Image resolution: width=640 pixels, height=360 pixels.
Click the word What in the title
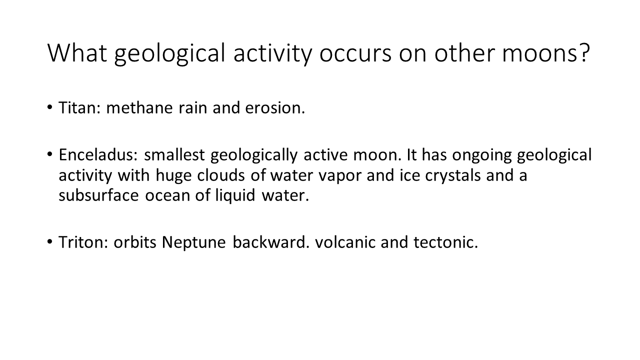click(77, 53)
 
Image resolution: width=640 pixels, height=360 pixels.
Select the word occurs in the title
click(355, 55)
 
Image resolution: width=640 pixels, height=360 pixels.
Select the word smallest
click(174, 154)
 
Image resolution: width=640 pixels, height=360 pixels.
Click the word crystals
click(453, 175)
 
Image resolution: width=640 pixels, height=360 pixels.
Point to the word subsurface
click(98, 195)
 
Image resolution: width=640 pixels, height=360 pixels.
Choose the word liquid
click(235, 196)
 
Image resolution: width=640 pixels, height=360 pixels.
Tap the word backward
click(271, 242)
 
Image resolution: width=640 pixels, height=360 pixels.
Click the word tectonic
click(445, 242)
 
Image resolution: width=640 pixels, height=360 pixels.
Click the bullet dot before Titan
click(50, 107)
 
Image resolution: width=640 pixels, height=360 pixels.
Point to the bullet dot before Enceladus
click(50, 154)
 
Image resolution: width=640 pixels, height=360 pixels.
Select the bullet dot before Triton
click(50, 242)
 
